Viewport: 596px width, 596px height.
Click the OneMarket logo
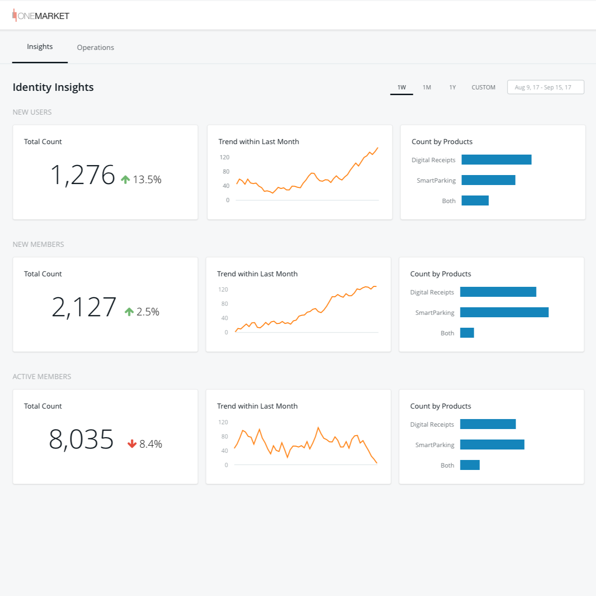click(41, 16)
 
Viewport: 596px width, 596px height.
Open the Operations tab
click(95, 48)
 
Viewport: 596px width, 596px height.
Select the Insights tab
click(40, 47)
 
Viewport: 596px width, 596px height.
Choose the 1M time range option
click(427, 88)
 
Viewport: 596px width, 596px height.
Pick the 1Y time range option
click(452, 88)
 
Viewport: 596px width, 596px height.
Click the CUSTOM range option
click(483, 88)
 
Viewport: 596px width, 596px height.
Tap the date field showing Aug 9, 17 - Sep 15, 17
click(545, 88)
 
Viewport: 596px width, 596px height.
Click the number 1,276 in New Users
click(83, 175)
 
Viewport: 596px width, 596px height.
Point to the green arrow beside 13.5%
click(126, 179)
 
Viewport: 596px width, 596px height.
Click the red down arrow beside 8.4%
click(132, 444)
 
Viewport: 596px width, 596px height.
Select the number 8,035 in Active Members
click(81, 440)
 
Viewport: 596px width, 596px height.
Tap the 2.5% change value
click(148, 312)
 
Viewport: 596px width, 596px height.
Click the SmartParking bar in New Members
click(504, 312)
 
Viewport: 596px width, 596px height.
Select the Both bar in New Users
click(475, 201)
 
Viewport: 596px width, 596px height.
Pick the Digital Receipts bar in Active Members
click(488, 424)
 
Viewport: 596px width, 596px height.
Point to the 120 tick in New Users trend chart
click(225, 157)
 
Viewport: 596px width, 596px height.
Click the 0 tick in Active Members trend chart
click(226, 465)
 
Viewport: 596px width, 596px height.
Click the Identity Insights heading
click(53, 88)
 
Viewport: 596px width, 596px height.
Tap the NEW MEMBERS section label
click(38, 244)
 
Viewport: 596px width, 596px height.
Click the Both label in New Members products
click(447, 333)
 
